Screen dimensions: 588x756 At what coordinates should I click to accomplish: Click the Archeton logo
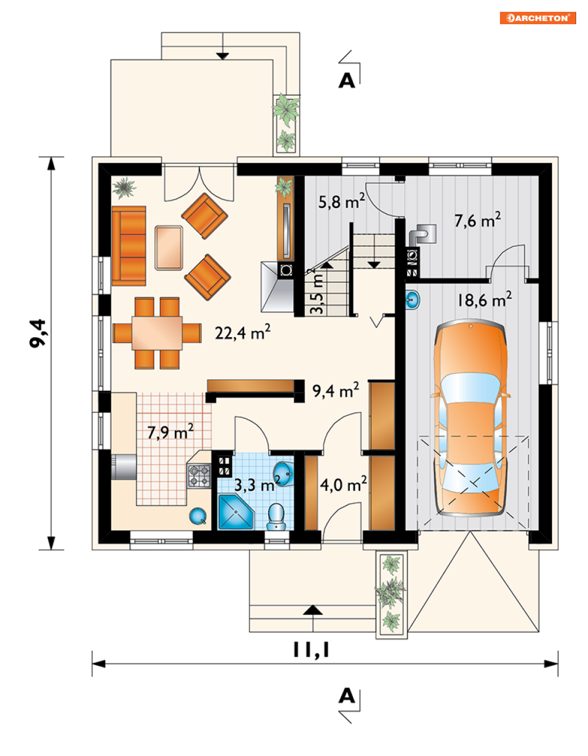point(538,18)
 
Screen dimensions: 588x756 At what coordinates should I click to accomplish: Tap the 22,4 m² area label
point(242,333)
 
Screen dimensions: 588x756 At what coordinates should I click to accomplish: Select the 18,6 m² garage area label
point(485,299)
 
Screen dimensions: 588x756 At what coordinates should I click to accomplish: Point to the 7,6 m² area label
point(477,220)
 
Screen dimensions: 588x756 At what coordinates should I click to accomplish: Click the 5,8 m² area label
point(342,201)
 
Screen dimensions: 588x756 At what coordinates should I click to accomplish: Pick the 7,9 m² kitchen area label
point(170,432)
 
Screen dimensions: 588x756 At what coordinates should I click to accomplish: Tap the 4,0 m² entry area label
point(343,484)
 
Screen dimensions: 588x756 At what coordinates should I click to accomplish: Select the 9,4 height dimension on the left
point(38,333)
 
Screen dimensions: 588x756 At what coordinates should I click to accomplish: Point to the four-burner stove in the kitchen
point(199,475)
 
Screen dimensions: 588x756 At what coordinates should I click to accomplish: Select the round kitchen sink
point(197,516)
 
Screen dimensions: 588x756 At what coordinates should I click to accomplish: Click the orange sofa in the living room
point(129,246)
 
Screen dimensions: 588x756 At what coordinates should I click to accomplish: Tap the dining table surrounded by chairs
point(157,333)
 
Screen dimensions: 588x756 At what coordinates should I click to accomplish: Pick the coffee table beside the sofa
point(169,247)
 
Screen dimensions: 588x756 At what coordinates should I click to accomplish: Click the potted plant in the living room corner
point(124,188)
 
